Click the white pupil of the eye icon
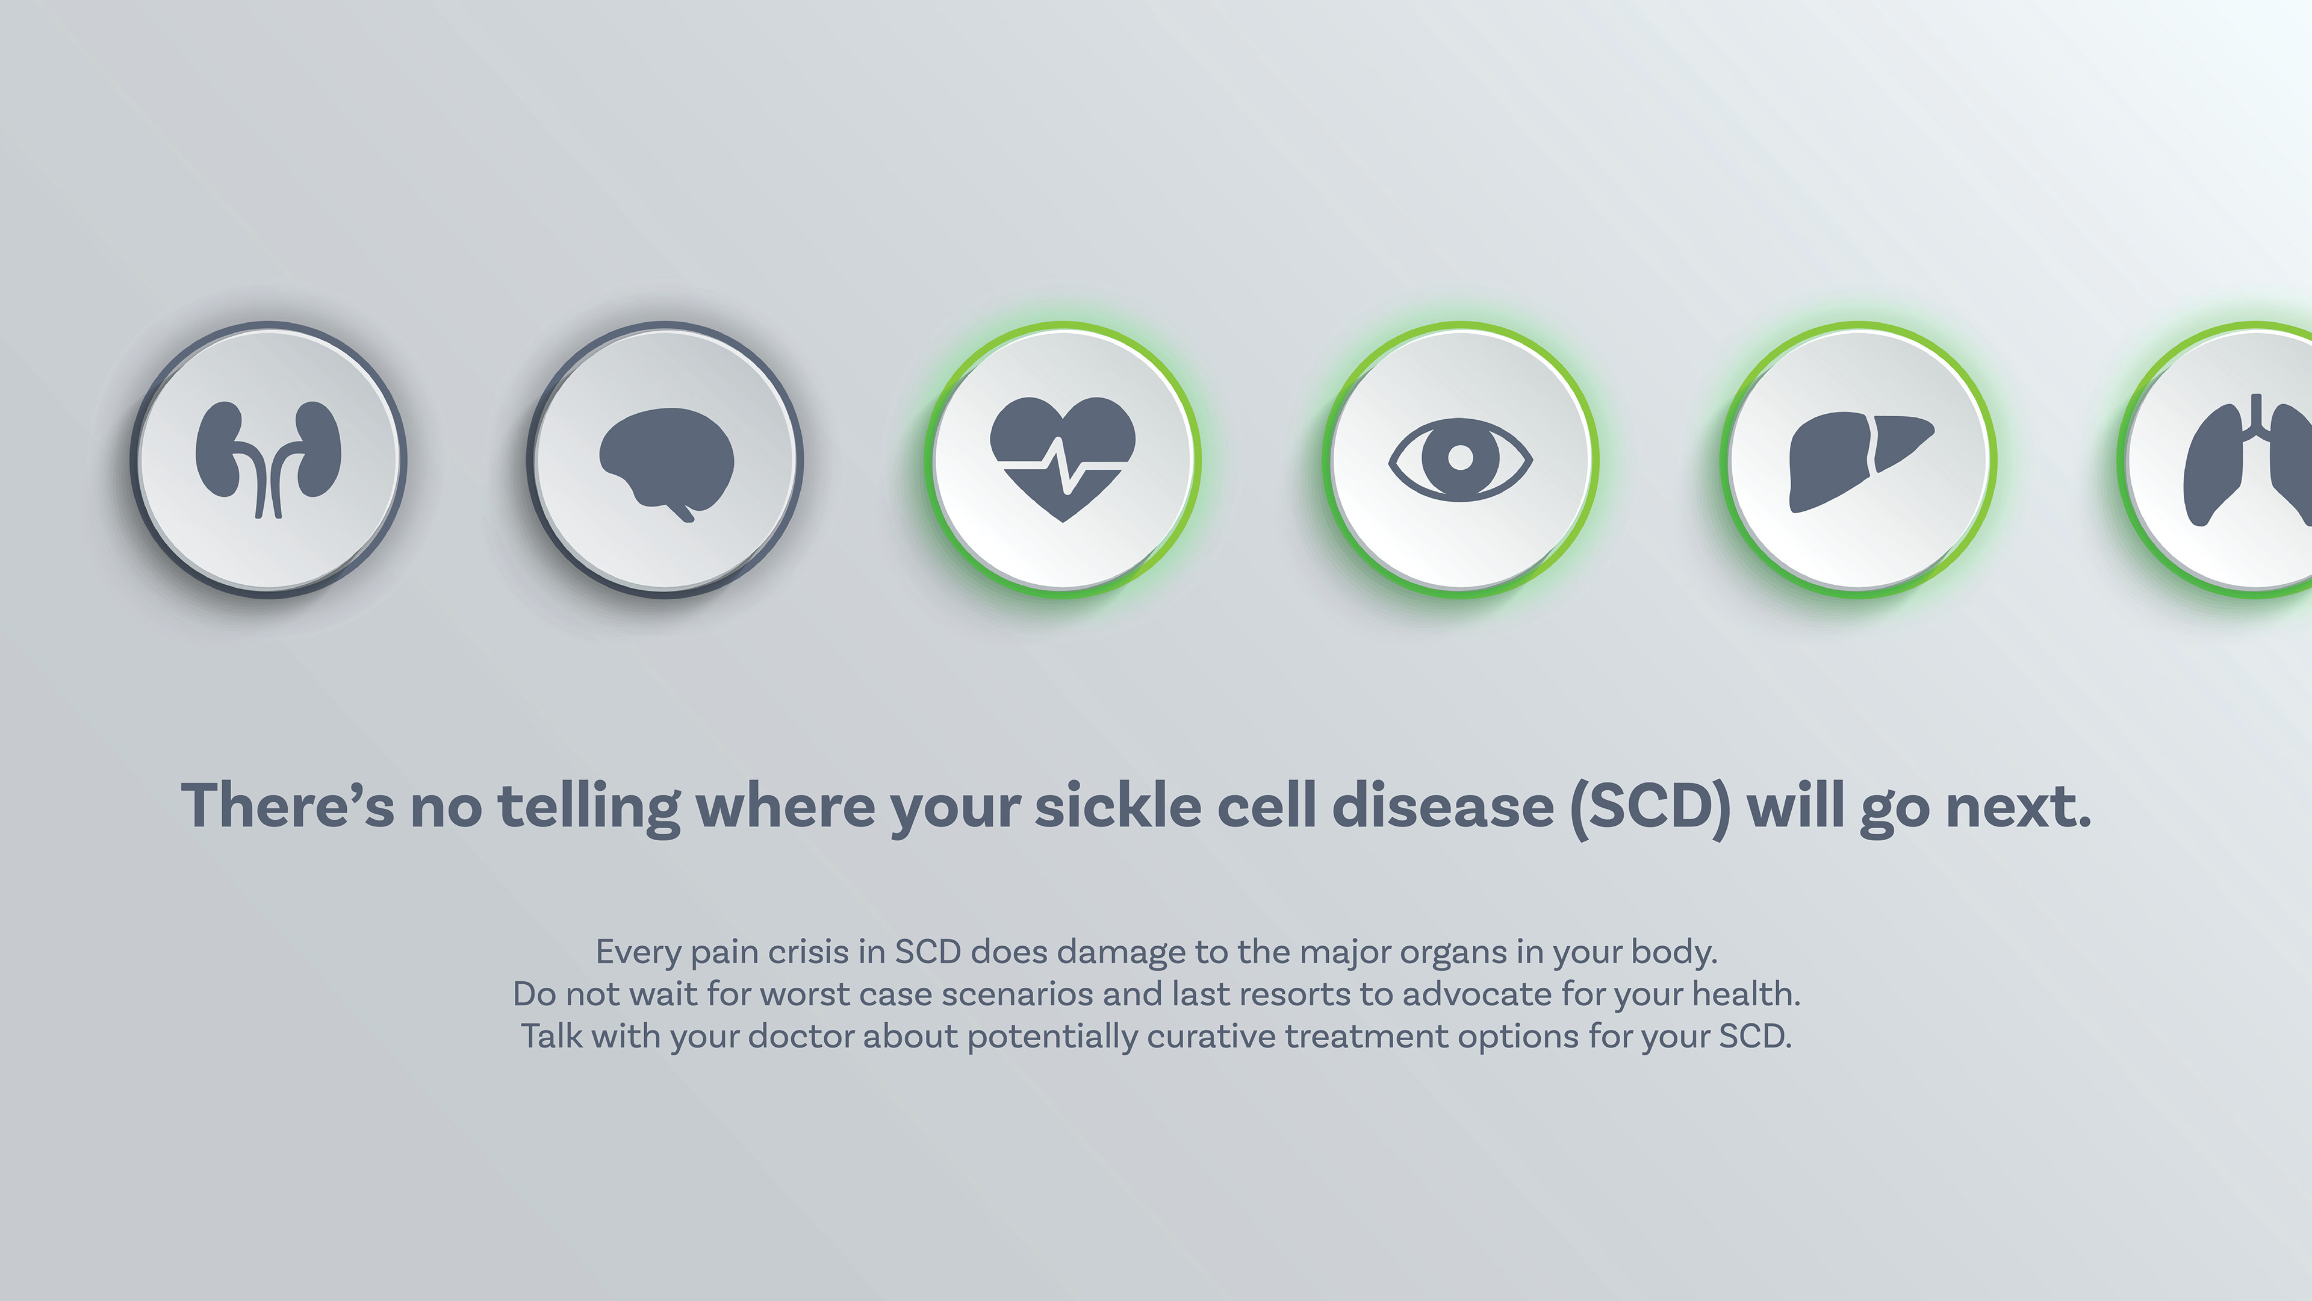click(x=1460, y=458)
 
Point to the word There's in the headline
click(x=287, y=805)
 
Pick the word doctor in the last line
click(x=801, y=1036)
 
